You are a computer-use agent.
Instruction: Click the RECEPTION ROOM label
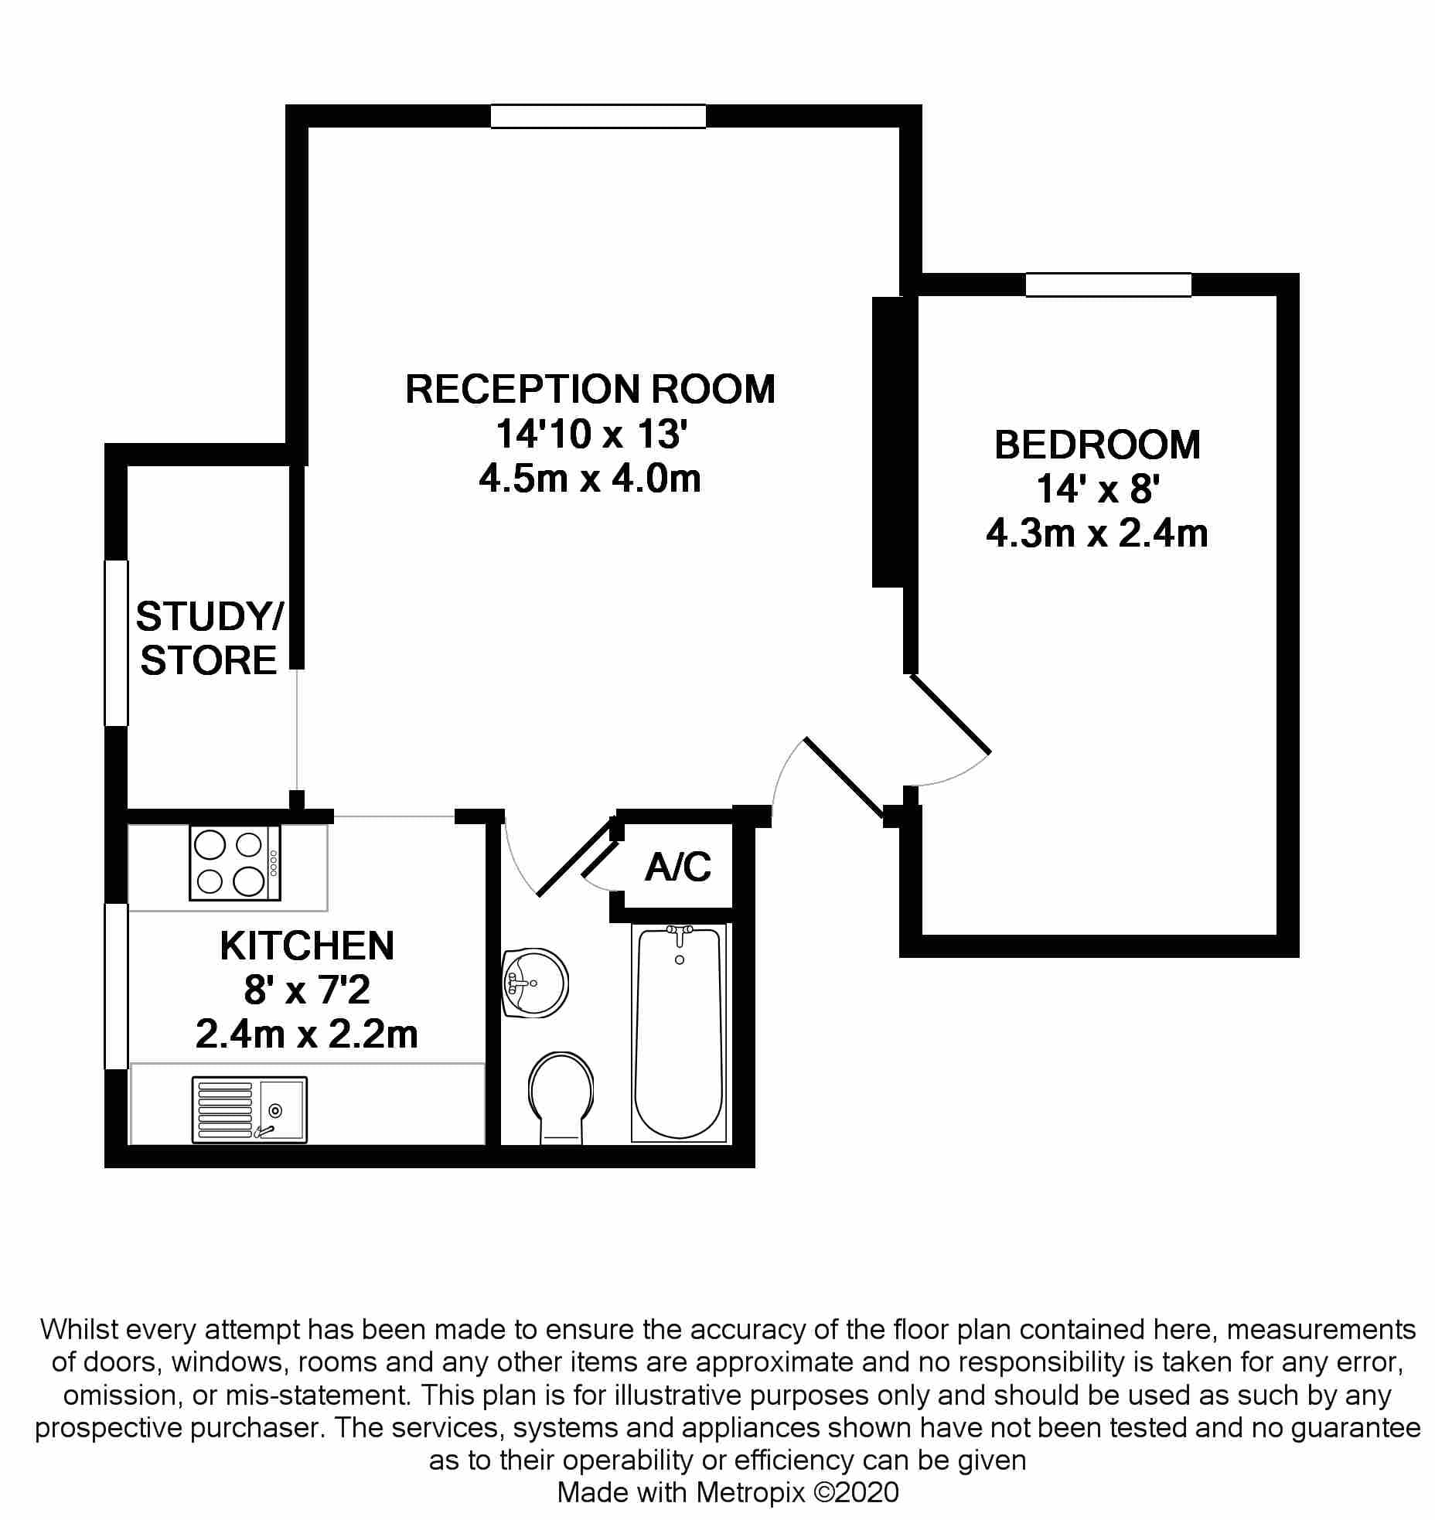point(590,389)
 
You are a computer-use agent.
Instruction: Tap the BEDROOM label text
point(1097,445)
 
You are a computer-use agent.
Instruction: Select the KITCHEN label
point(307,946)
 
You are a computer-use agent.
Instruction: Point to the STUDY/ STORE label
point(209,639)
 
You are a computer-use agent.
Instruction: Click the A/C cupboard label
point(678,867)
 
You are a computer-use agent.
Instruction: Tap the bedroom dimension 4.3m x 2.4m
point(1097,534)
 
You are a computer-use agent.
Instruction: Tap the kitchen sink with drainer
point(250,1110)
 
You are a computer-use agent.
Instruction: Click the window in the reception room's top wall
point(598,117)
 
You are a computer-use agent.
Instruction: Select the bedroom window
point(1108,285)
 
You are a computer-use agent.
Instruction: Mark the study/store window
point(116,643)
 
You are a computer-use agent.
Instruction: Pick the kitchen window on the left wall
point(116,986)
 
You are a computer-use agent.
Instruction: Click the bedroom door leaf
point(950,714)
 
